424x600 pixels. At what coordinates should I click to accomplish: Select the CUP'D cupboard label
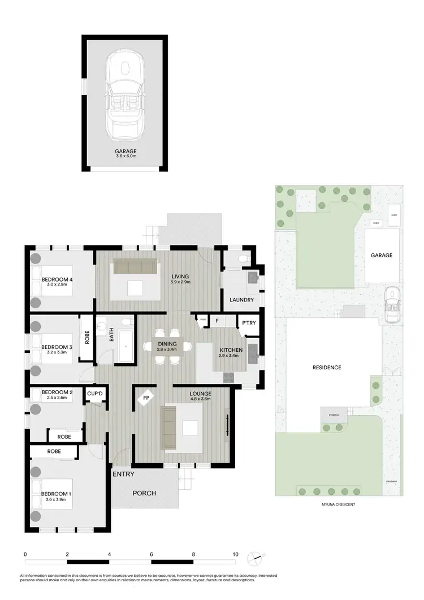[95, 392]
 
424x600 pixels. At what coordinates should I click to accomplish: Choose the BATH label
[111, 336]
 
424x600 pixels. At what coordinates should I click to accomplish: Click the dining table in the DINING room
[167, 350]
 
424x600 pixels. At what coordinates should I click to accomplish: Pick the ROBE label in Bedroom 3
[87, 338]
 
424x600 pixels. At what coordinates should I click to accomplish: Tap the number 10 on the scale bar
[235, 555]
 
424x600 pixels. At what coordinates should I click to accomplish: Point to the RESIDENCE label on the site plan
[327, 368]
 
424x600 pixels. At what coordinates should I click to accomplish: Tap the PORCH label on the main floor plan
[144, 493]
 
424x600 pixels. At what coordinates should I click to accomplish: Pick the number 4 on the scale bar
[109, 555]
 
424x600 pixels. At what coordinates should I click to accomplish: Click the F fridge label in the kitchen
[217, 321]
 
